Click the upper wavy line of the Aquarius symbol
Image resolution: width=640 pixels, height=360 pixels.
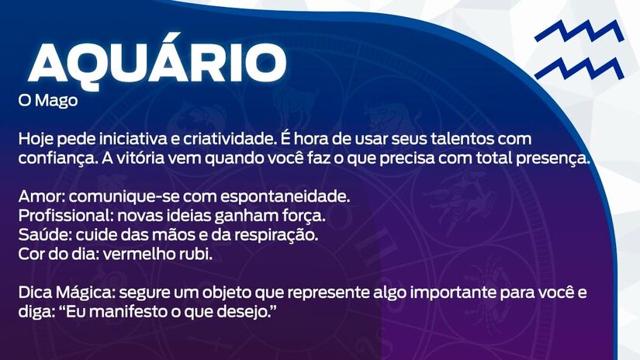point(578,32)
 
